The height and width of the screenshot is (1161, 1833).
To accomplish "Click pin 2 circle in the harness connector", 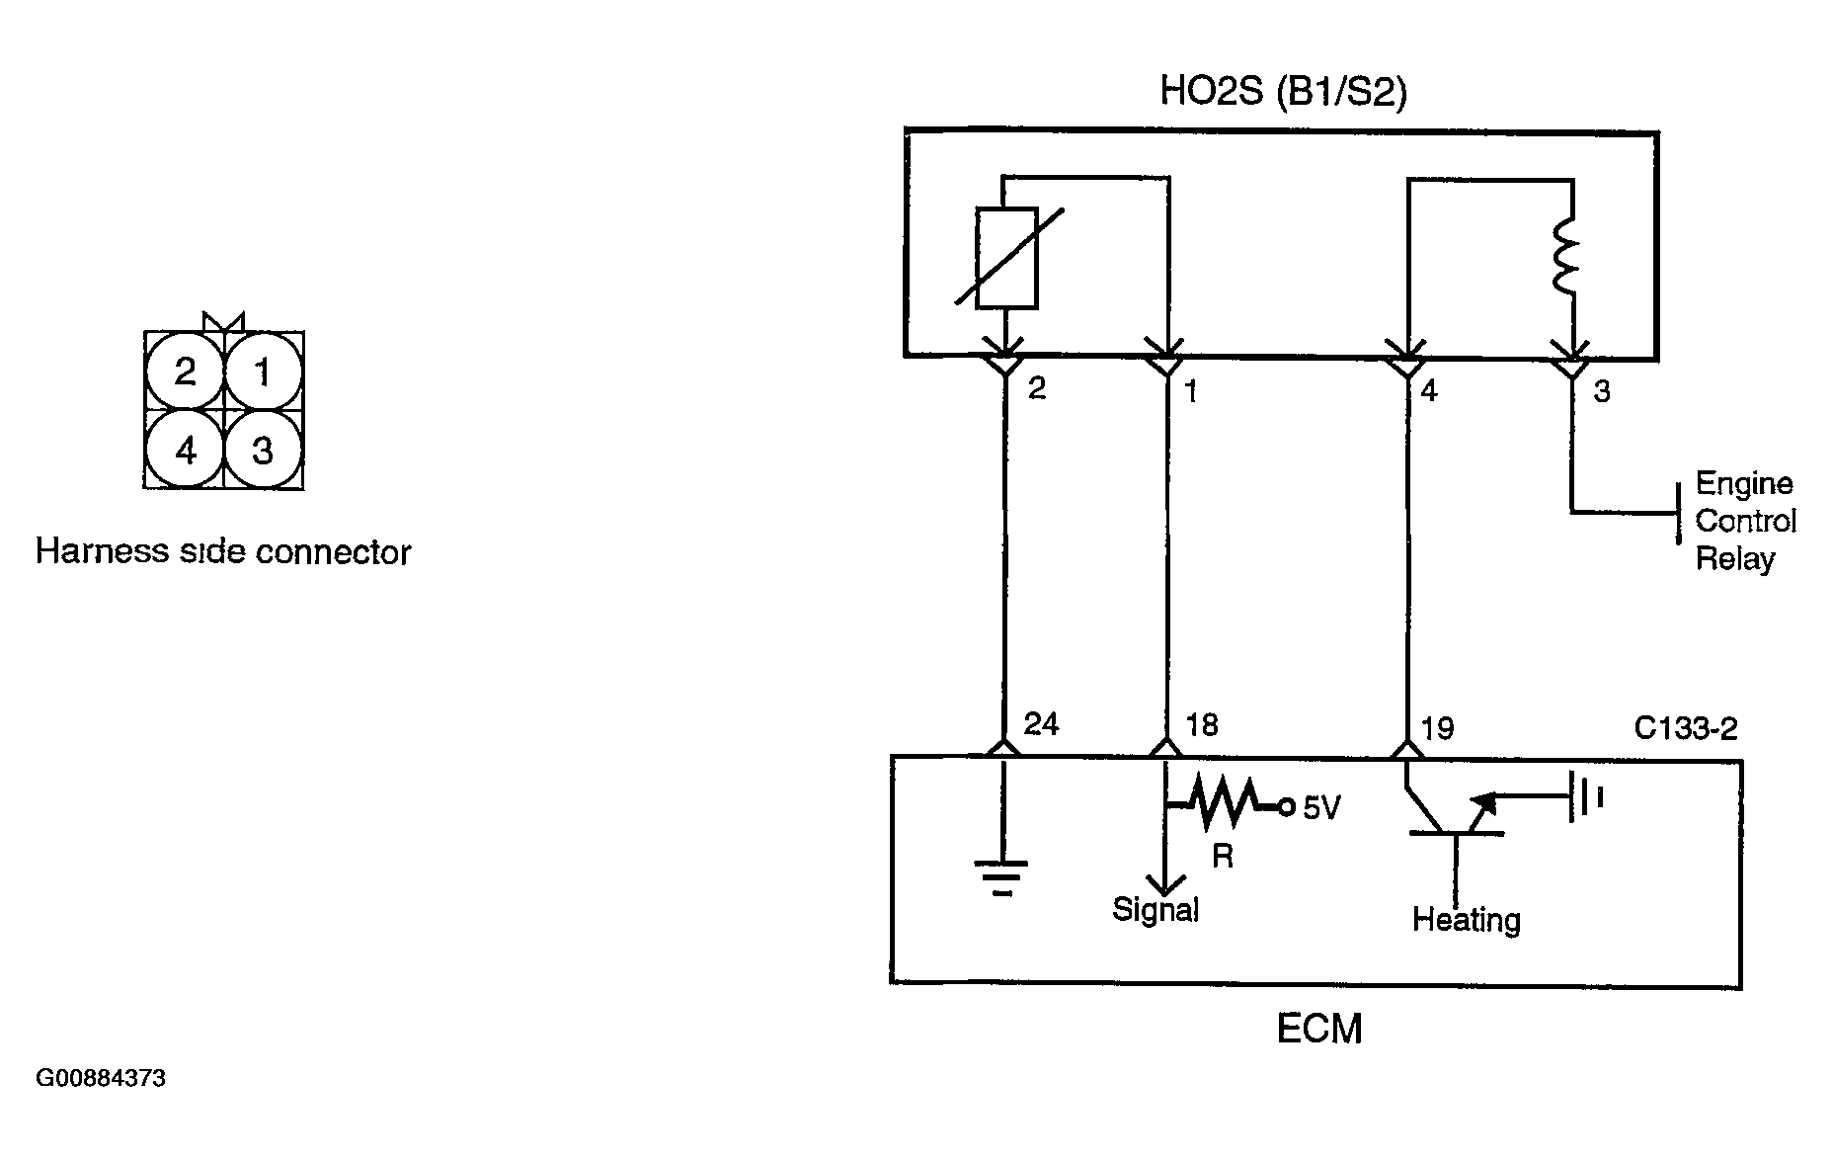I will pos(185,373).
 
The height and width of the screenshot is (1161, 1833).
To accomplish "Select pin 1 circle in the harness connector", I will pos(263,373).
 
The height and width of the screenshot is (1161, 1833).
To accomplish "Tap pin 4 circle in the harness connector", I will pos(185,451).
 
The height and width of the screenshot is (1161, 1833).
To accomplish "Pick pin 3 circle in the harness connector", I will pos(263,451).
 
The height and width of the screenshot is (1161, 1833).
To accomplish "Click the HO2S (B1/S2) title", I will pos(1283,92).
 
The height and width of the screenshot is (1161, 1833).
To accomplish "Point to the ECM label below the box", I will pos(1318,1030).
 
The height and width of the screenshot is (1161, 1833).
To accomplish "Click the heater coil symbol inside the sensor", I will pos(1567,256).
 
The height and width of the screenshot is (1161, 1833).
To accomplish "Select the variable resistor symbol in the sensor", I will pos(1006,258).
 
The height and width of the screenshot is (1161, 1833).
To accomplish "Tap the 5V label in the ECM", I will pos(1321,809).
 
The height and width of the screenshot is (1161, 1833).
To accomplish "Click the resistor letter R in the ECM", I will pos(1223,856).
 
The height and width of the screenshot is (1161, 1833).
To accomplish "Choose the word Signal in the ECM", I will pos(1156,909).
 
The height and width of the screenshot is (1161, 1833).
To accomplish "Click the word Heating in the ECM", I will pos(1466,920).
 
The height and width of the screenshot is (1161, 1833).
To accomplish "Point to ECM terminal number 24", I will pos(1042,725).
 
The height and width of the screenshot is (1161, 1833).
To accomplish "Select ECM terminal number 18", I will pos(1202,725).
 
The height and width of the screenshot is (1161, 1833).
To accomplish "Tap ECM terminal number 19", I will pos(1438,729).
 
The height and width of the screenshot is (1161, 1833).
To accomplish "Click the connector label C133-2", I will pos(1686,729).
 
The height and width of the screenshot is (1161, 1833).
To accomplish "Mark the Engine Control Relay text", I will pos(1745,521).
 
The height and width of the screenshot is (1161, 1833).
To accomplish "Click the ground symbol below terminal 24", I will pos(1002,876).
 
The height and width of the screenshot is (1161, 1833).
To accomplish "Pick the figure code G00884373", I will pos(101,1078).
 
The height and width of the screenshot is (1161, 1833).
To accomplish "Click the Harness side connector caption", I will pos(223,551).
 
